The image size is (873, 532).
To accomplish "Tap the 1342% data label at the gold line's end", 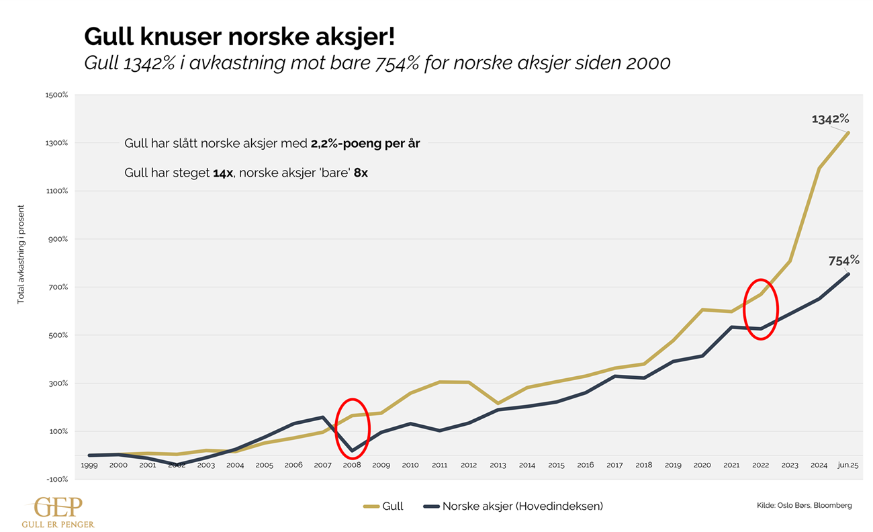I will (830, 119).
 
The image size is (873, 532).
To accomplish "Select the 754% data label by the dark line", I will (843, 260).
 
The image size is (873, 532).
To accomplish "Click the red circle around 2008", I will (353, 429).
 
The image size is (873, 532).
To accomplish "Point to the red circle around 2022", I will (760, 309).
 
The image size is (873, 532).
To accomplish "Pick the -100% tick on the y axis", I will (58, 479).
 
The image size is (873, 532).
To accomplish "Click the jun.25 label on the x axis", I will (847, 465).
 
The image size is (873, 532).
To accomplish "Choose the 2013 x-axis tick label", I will (498, 465).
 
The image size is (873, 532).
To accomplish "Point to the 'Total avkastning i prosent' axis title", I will (21, 255).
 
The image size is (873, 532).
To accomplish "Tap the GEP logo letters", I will (58, 506).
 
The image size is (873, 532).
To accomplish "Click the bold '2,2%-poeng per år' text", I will (365, 144).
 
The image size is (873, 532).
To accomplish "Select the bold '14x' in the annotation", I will (223, 173).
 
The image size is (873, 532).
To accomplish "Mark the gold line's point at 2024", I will (819, 168).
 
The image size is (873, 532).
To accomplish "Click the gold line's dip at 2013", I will (498, 404).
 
